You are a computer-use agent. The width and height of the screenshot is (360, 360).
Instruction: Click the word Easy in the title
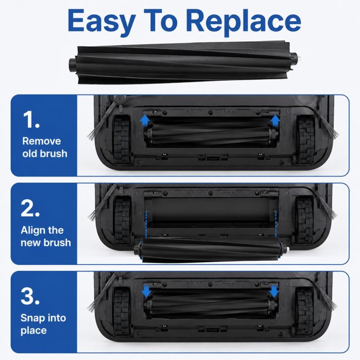pos(101,21)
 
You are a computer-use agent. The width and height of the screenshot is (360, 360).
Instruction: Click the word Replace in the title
pos(243,21)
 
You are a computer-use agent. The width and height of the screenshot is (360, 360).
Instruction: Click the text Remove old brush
pos(45,147)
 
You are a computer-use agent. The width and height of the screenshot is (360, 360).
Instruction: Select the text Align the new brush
pos(46,236)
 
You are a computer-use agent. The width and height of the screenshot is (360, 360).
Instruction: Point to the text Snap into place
pos(43,324)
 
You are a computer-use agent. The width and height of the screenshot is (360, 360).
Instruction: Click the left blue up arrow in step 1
pos(144,120)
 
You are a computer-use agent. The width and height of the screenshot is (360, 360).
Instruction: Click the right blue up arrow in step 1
pos(275,120)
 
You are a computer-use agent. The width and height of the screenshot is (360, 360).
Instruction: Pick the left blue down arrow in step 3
pos(146,291)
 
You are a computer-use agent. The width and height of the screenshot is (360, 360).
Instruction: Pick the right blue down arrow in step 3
pos(274,291)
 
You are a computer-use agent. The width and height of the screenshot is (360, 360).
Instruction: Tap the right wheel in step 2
pos(304,220)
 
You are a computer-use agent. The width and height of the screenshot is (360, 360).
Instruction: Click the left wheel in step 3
pos(122,311)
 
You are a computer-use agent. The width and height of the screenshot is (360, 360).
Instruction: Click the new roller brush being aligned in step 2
pos(211,250)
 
